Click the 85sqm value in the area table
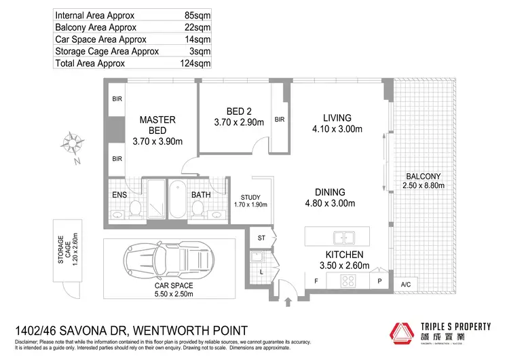(197, 14)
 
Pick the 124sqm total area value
(195, 63)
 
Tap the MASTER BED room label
(157, 125)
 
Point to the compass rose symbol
(70, 145)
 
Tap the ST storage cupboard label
(261, 238)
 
